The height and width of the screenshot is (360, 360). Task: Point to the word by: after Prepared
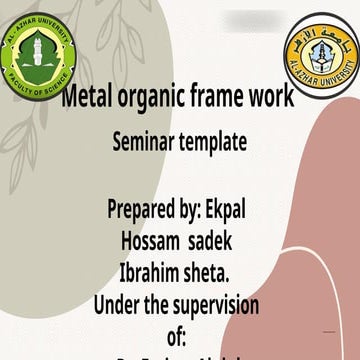195,212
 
